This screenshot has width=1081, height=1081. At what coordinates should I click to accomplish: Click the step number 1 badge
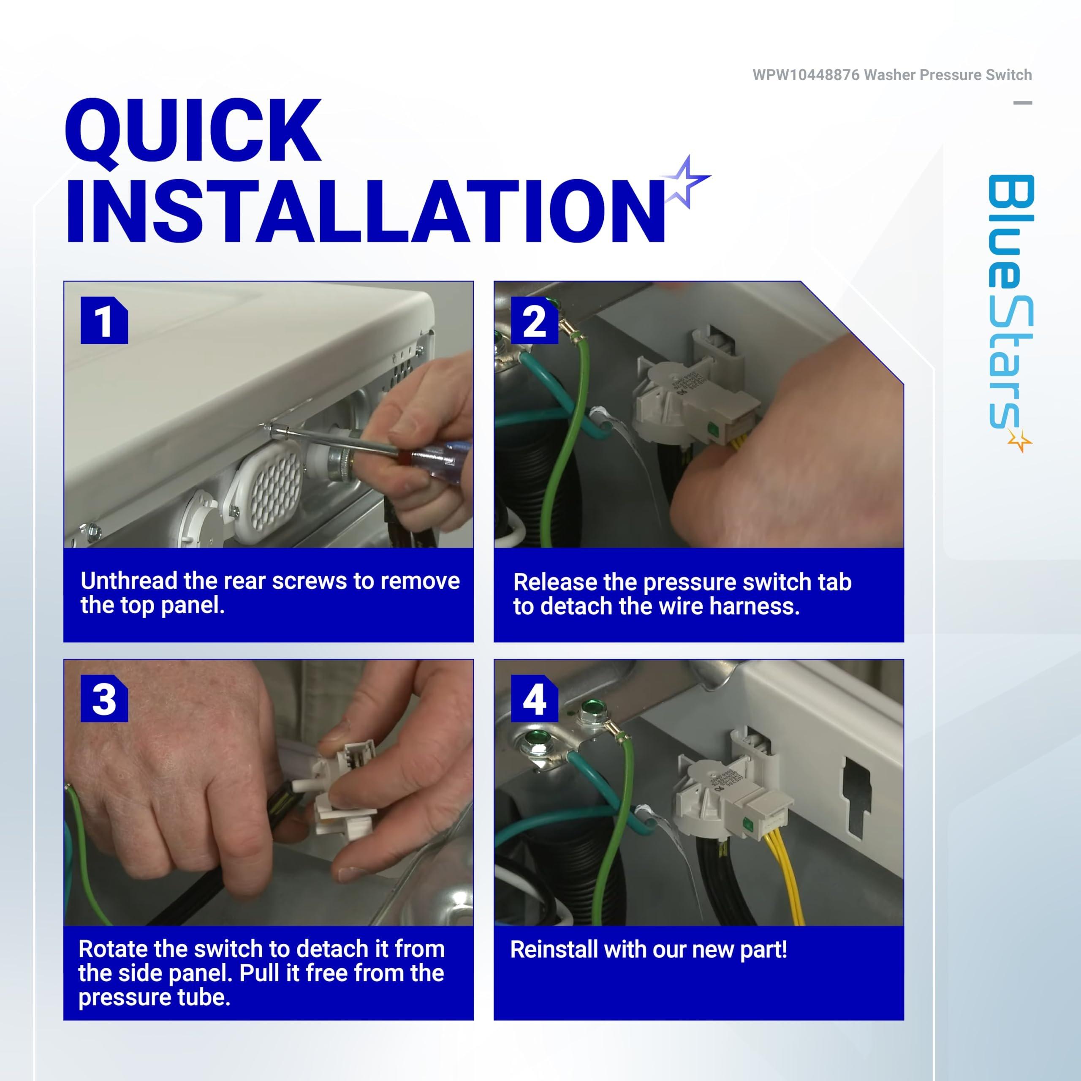pos(104,320)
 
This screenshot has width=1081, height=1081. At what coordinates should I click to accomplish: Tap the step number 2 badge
pos(534,320)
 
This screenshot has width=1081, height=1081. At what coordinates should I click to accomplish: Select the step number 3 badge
pos(104,698)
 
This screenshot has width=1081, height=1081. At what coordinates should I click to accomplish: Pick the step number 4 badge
pos(534,698)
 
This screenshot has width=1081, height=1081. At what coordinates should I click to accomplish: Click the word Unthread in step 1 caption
pos(129,581)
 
